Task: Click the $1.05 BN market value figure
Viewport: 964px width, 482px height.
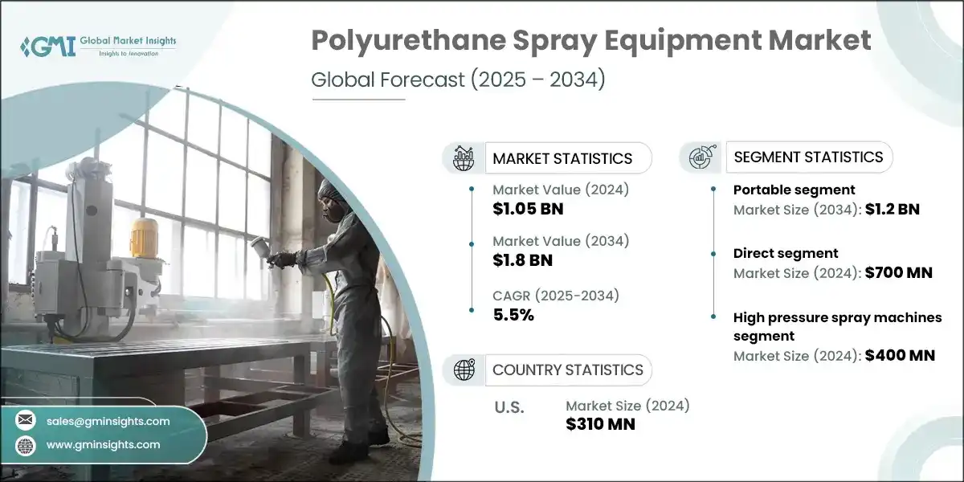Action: pyautogui.click(x=529, y=210)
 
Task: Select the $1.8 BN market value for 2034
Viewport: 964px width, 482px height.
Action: pyautogui.click(x=523, y=259)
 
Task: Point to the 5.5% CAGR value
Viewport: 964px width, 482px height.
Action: pyautogui.click(x=513, y=314)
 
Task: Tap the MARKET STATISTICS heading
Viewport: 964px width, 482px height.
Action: pyautogui.click(x=562, y=158)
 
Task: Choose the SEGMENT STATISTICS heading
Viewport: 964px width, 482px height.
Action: pyautogui.click(x=807, y=157)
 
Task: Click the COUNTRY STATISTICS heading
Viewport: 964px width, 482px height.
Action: pyautogui.click(x=567, y=370)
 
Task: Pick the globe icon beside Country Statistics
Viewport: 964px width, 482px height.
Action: pyautogui.click(x=464, y=370)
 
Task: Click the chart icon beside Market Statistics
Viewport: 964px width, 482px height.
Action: pyautogui.click(x=464, y=158)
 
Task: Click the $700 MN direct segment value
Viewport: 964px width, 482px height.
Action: pyautogui.click(x=897, y=273)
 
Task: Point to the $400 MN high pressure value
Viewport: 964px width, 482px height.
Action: pyautogui.click(x=899, y=355)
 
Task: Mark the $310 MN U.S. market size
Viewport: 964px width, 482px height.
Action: pyautogui.click(x=600, y=424)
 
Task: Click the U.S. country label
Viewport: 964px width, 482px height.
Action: pyautogui.click(x=509, y=407)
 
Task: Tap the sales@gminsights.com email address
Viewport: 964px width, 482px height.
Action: pyautogui.click(x=108, y=421)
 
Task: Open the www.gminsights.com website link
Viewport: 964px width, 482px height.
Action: pyautogui.click(x=104, y=444)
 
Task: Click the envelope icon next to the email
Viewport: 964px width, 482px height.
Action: pyautogui.click(x=26, y=421)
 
